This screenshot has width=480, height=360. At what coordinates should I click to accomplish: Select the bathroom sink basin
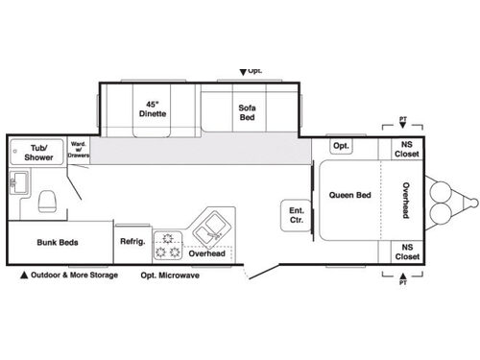[17, 183]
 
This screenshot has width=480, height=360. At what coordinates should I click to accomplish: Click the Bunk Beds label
[58, 243]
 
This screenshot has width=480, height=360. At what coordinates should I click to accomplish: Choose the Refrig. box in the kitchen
[132, 242]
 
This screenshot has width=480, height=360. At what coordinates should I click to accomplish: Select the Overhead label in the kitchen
[206, 254]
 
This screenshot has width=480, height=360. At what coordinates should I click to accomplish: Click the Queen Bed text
[349, 195]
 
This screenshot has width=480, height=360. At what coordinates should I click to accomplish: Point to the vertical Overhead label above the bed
[406, 200]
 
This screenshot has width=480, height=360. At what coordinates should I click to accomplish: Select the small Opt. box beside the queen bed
[340, 146]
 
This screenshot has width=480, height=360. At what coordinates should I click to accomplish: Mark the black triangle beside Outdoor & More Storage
[23, 276]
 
